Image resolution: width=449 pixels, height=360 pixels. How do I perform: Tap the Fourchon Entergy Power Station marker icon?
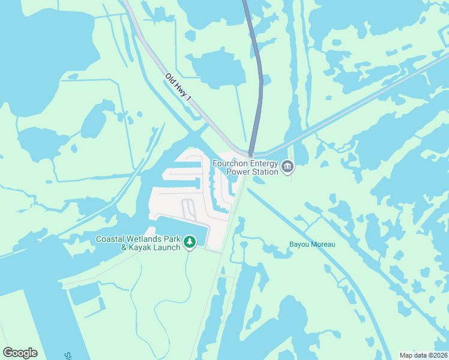[288, 167]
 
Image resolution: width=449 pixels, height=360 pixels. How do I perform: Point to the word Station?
[265, 172]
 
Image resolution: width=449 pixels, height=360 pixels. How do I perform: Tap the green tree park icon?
[190, 242]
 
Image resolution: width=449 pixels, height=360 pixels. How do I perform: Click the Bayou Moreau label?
[312, 244]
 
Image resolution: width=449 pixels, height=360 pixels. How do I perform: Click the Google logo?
[20, 353]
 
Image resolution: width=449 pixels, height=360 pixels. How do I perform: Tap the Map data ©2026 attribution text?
[423, 355]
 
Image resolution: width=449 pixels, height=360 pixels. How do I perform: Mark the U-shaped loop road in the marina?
[188, 209]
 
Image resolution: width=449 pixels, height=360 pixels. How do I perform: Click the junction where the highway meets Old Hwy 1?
[250, 154]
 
